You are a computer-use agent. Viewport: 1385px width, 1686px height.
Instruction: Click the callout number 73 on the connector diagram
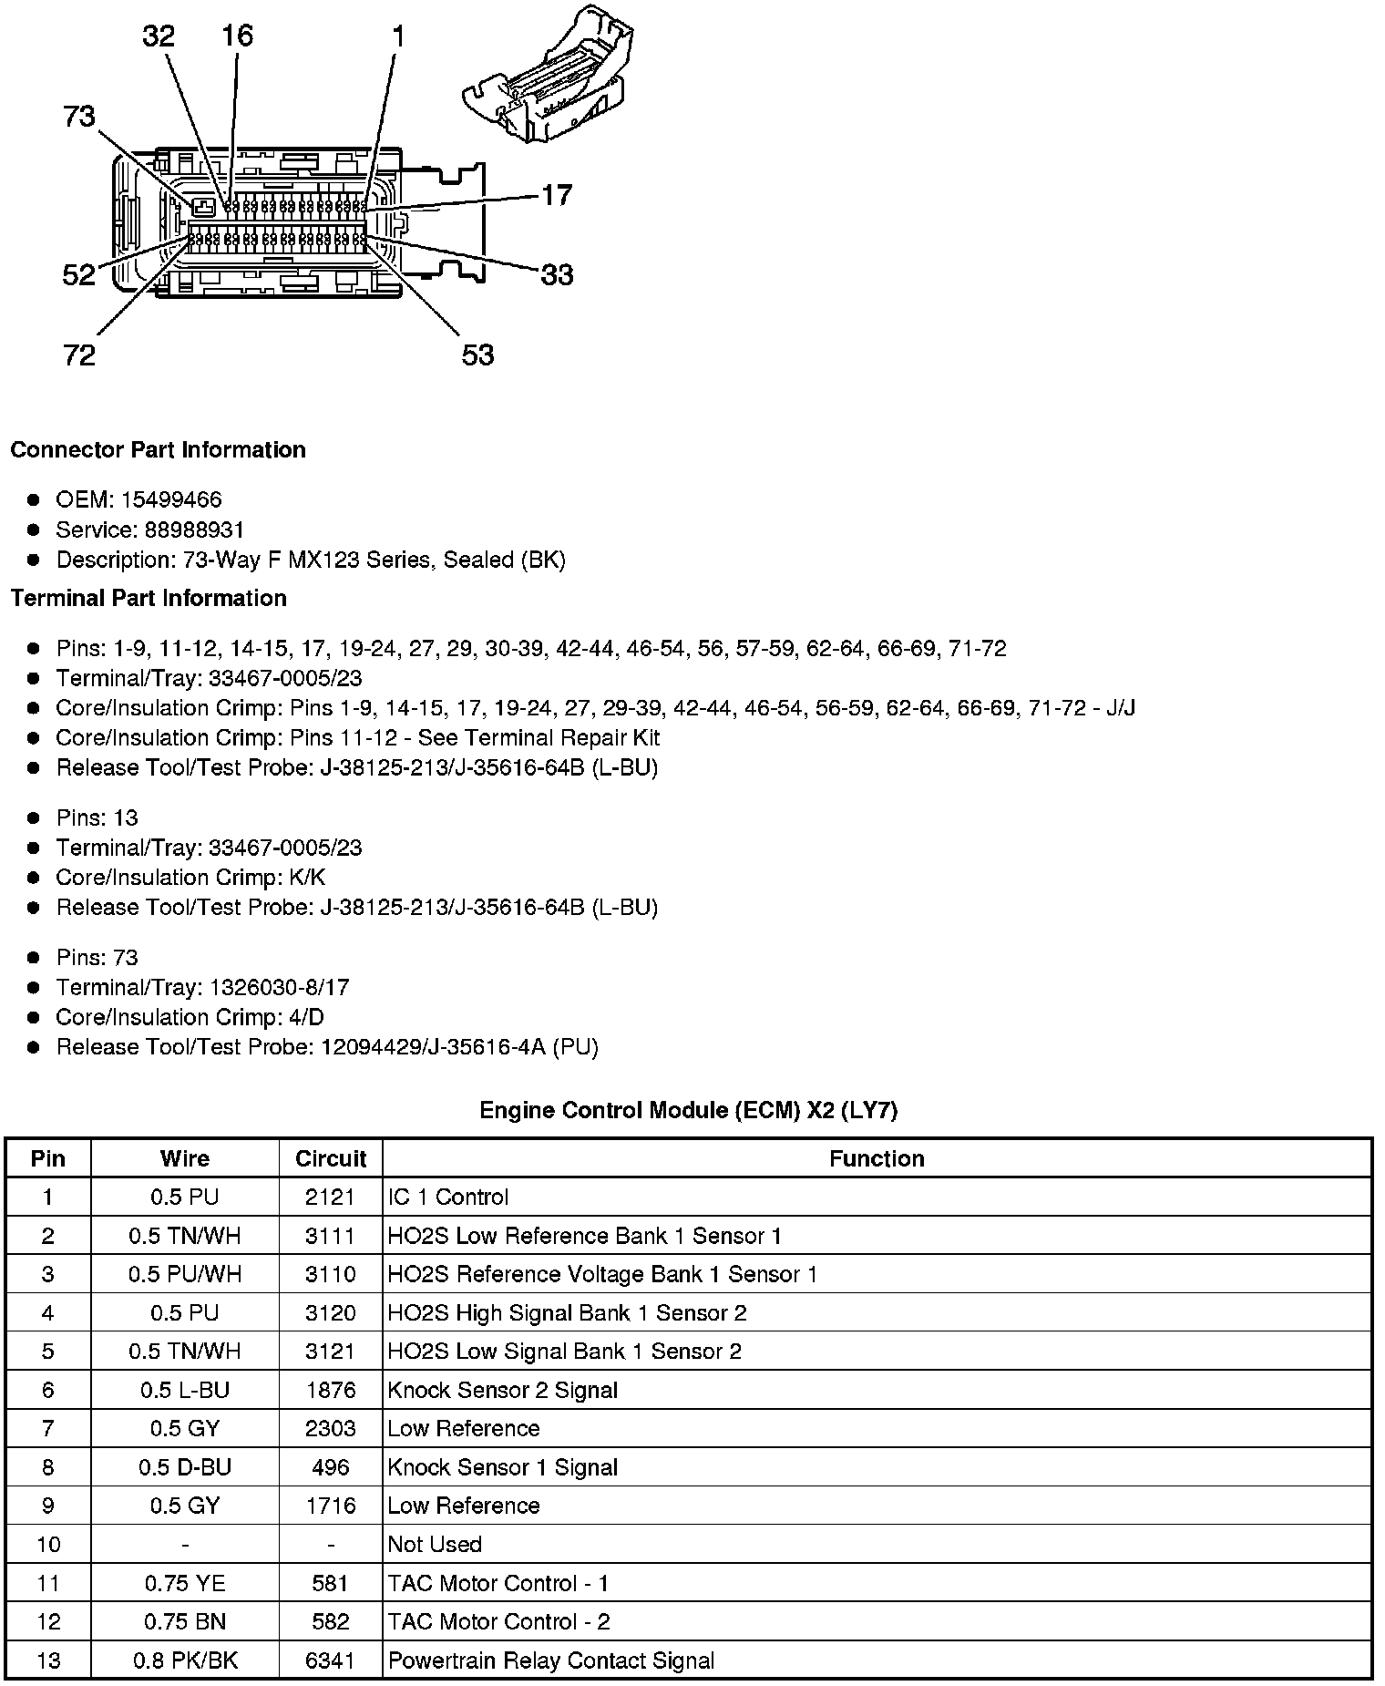tap(79, 117)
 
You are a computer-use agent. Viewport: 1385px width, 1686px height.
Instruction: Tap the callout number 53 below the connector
tap(477, 355)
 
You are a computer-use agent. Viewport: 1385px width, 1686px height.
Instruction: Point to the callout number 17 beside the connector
tap(557, 195)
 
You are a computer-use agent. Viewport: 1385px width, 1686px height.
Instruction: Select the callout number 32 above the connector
tap(158, 36)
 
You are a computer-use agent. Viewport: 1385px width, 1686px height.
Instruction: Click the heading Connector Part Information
tap(158, 450)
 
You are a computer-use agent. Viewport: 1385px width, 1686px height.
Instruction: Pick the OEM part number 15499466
tap(171, 499)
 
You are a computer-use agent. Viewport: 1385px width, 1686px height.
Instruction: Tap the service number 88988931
tap(194, 529)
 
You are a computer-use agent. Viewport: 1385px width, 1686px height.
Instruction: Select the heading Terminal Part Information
tap(149, 598)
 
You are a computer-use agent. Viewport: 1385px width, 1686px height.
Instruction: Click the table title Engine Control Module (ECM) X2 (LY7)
tap(689, 1110)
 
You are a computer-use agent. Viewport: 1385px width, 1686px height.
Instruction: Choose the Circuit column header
tap(331, 1158)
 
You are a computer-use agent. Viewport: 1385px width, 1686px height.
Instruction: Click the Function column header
tap(877, 1158)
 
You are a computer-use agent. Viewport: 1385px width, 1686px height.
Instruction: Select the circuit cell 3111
tap(331, 1236)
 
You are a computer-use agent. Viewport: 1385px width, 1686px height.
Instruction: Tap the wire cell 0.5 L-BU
tap(185, 1390)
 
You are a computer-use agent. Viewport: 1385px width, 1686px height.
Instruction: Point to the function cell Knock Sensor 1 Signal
tap(503, 1467)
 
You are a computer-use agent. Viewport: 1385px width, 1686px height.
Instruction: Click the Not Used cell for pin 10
tap(435, 1544)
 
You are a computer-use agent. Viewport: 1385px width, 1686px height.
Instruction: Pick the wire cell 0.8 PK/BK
tap(185, 1660)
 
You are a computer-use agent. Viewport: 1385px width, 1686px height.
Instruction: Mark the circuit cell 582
tap(331, 1621)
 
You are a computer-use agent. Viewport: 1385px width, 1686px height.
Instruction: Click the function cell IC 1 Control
tap(448, 1197)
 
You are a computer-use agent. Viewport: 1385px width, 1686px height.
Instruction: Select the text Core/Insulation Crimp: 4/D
tap(190, 1017)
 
